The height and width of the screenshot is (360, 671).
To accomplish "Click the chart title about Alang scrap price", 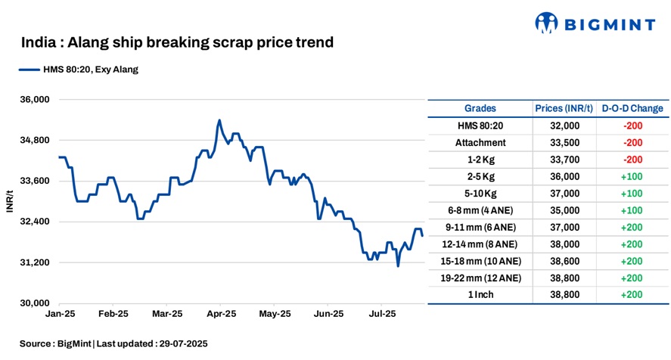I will click(x=177, y=42).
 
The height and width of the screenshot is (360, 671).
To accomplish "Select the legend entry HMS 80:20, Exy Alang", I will click(x=79, y=70).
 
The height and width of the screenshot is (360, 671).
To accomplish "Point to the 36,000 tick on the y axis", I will click(x=33, y=100).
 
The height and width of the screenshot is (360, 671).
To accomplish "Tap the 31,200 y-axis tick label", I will click(x=33, y=262).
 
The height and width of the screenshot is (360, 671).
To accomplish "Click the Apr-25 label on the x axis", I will click(x=222, y=313).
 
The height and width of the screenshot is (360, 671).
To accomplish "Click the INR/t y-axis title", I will click(x=11, y=201).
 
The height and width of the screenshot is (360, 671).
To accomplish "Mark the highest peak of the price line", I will click(x=219, y=120).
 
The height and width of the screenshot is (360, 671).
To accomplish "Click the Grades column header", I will click(x=480, y=109).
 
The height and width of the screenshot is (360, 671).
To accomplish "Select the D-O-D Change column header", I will click(x=632, y=109).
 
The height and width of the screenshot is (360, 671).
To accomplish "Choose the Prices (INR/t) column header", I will click(x=564, y=109).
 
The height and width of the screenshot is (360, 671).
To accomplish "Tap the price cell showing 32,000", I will click(x=564, y=126).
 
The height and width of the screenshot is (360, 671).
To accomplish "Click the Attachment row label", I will click(x=480, y=143).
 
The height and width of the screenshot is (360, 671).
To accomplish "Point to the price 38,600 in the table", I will click(x=564, y=261).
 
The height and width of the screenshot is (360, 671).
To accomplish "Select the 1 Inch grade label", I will click(x=480, y=295).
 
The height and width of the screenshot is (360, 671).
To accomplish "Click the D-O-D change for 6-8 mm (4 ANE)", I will click(x=632, y=210).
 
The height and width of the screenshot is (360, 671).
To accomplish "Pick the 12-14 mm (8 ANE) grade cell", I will click(x=480, y=244).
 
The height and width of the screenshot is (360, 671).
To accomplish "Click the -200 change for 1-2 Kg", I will click(x=632, y=160).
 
